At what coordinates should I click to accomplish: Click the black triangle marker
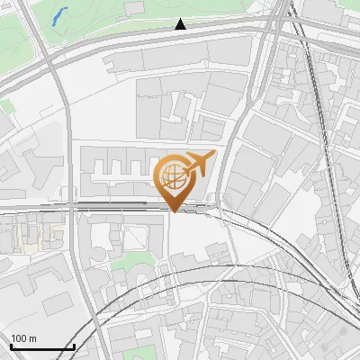(x=181, y=24)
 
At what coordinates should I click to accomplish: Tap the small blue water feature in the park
(x=59, y=15)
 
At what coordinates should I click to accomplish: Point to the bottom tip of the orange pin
(x=175, y=211)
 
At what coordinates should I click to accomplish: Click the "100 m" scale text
(x=23, y=338)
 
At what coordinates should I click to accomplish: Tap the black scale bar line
(x=41, y=346)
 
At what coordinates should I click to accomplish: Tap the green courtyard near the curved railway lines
(x=135, y=263)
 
